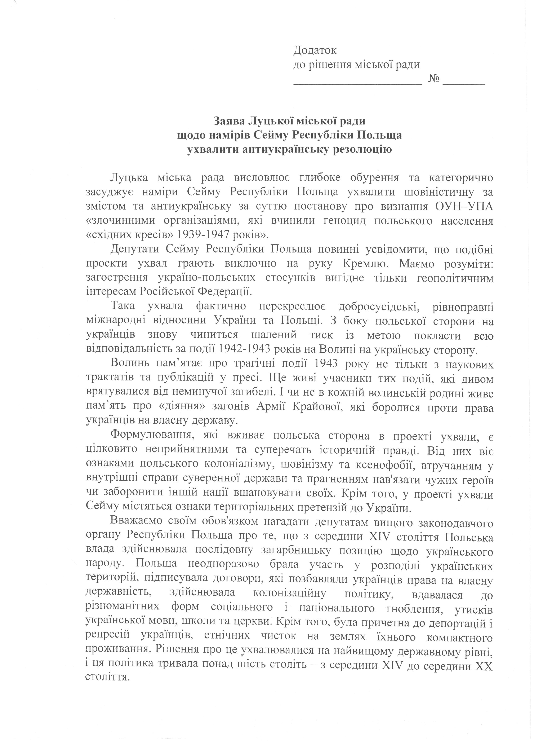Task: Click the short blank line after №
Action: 464,84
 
